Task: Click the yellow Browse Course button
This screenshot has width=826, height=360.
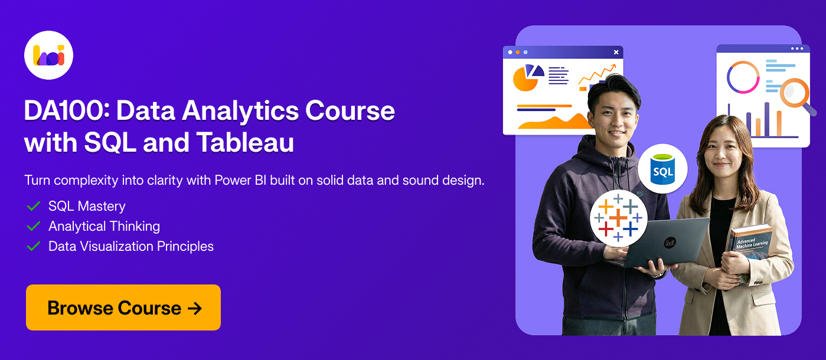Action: (123, 307)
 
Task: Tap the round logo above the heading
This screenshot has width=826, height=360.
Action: (48, 55)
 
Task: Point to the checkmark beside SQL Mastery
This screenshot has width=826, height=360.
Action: (34, 207)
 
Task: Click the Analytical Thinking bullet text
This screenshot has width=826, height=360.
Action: (104, 226)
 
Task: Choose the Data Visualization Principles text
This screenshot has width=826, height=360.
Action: (131, 246)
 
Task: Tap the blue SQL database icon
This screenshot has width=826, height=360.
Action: (662, 169)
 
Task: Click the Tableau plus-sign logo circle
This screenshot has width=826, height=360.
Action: (618, 218)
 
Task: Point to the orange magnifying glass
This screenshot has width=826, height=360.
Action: (795, 94)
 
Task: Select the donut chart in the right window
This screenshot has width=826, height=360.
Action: (743, 77)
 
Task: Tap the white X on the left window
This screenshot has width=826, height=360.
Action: (616, 53)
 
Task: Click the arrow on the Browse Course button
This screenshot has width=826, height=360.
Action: (195, 308)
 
